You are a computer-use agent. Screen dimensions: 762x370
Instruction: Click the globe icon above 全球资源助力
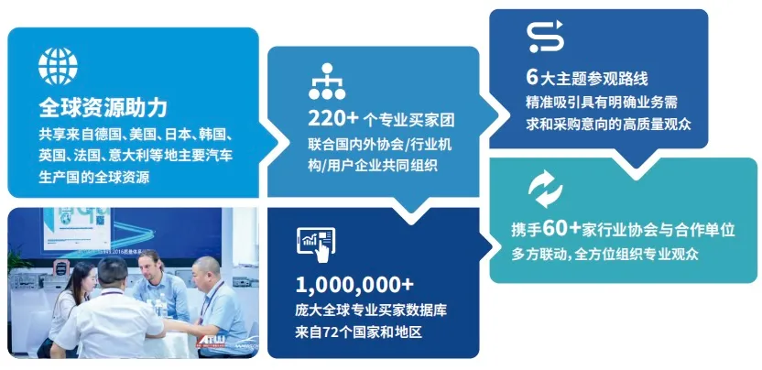pyautogui.click(x=58, y=66)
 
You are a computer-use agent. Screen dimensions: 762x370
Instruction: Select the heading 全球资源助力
pyautogui.click(x=103, y=108)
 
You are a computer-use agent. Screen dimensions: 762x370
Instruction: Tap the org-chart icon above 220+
pyautogui.click(x=327, y=82)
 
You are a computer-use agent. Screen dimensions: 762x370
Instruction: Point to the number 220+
pyautogui.click(x=333, y=118)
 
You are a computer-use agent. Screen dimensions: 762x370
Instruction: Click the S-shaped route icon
pyautogui.click(x=545, y=36)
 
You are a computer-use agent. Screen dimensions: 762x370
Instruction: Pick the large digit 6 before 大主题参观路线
pyautogui.click(x=532, y=77)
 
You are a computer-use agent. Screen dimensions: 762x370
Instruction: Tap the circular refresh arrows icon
pyautogui.click(x=545, y=190)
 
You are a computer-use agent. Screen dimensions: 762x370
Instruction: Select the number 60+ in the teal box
pyautogui.click(x=562, y=229)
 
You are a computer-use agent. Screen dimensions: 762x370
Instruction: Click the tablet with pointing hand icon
pyautogui.click(x=316, y=245)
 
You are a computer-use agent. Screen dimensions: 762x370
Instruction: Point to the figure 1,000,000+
pyautogui.click(x=354, y=286)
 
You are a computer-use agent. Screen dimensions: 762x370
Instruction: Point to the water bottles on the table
pyautogui.click(x=158, y=305)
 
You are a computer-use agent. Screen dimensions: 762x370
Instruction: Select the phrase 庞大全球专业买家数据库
pyautogui.click(x=371, y=310)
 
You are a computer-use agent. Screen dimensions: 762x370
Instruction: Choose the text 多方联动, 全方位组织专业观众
pyautogui.click(x=605, y=255)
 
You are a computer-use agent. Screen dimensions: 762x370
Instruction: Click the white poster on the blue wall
pyautogui.click(x=78, y=227)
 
